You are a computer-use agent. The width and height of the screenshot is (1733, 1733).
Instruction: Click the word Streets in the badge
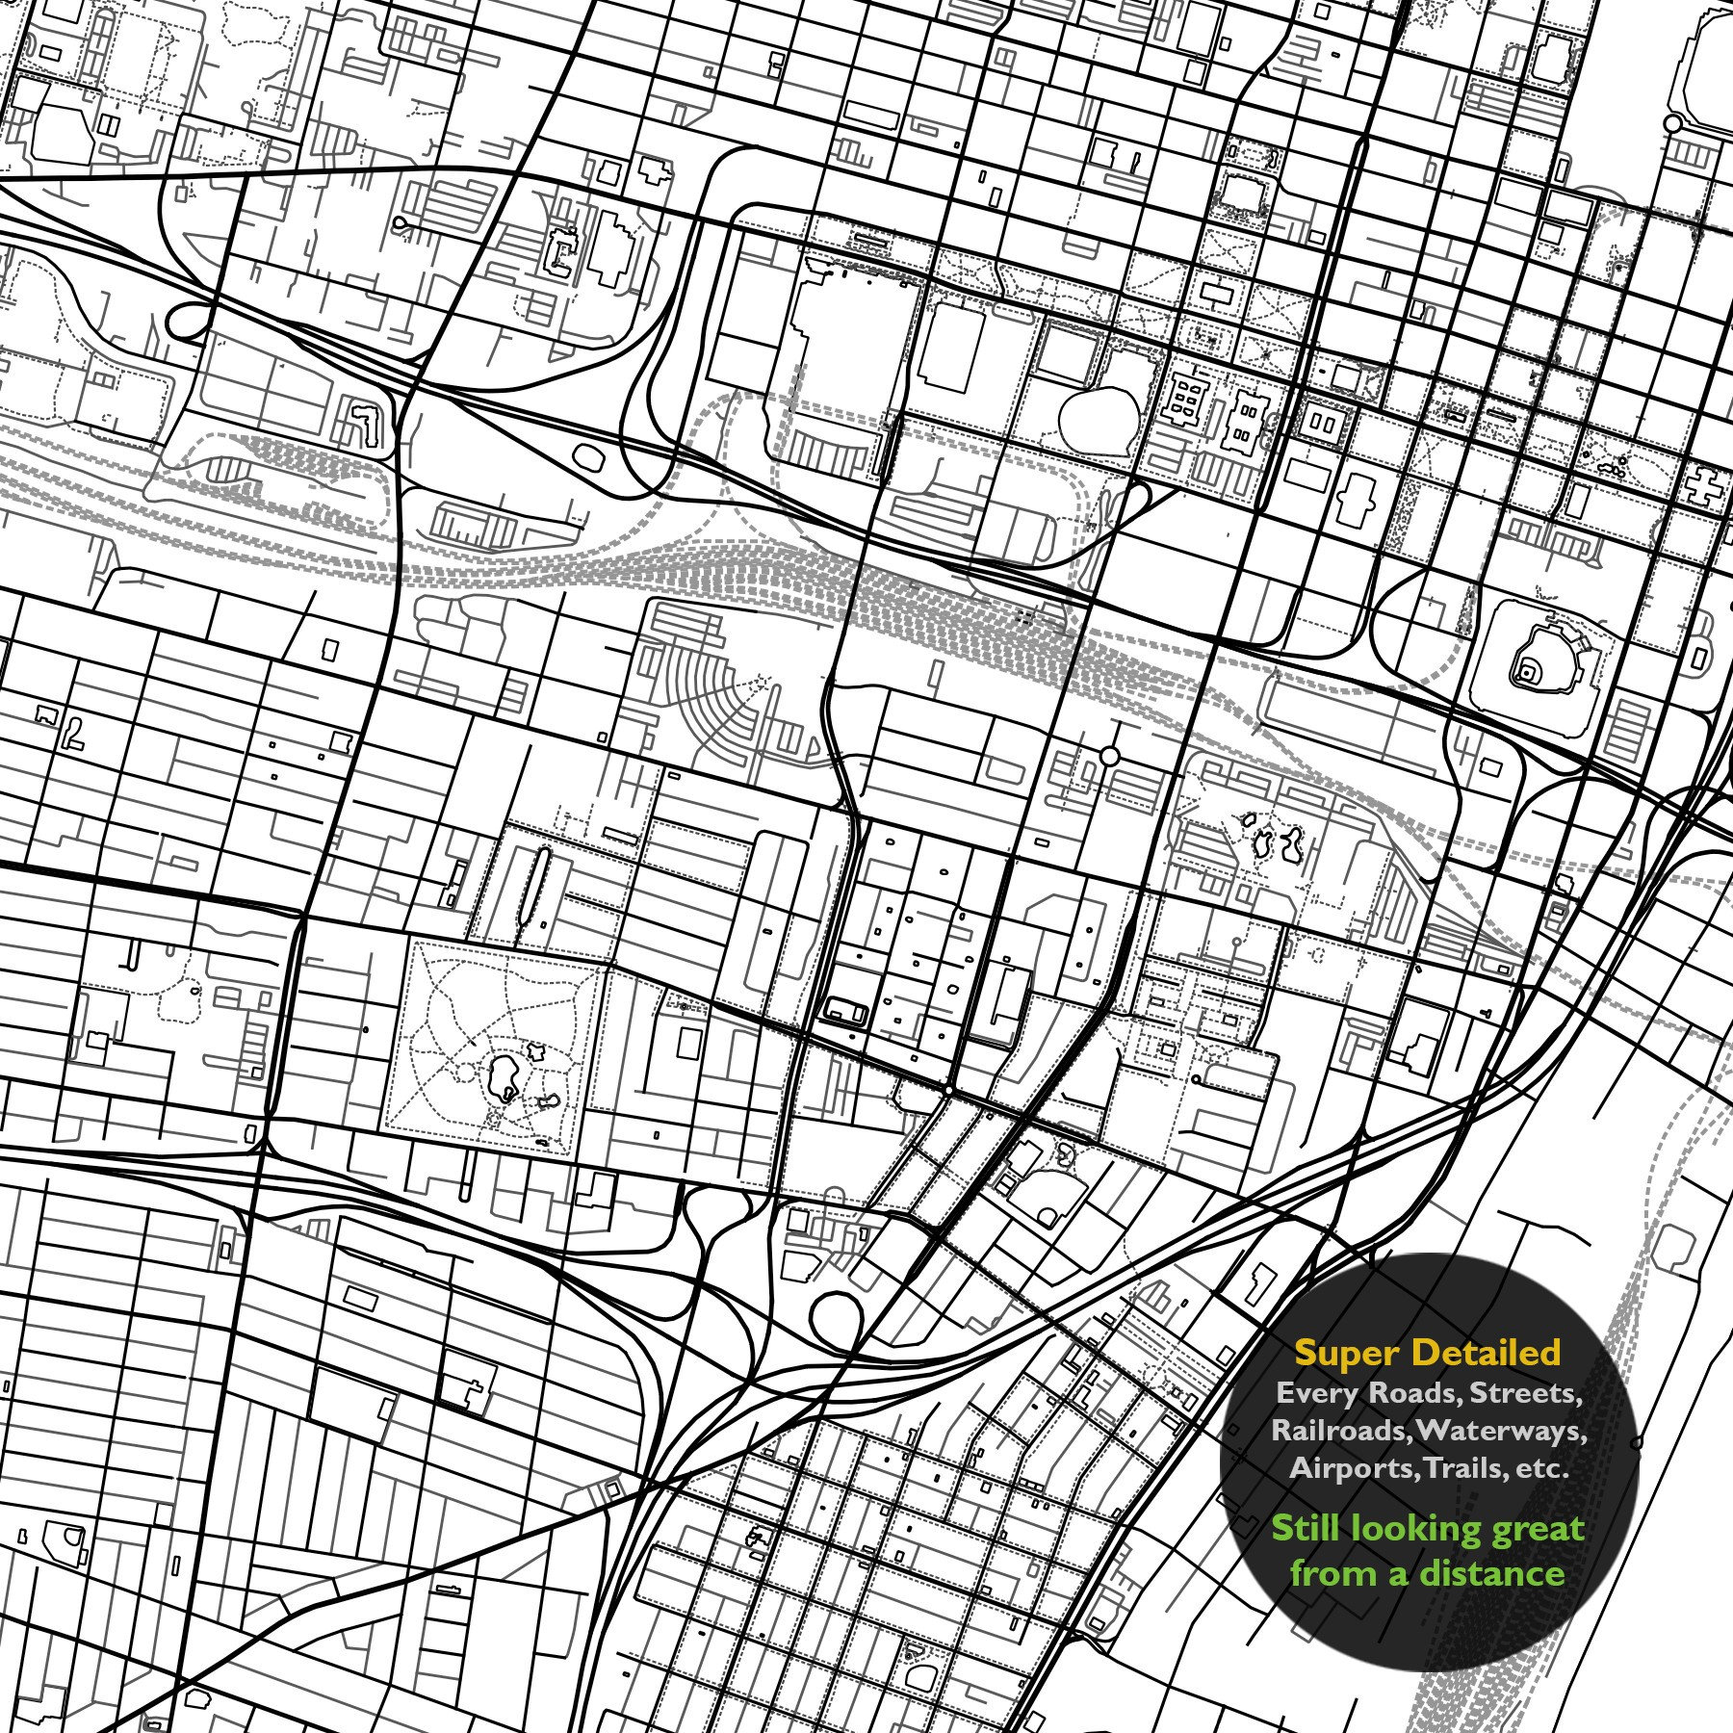pyautogui.click(x=1525, y=1393)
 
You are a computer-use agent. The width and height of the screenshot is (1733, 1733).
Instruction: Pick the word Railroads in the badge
pyautogui.click(x=1338, y=1430)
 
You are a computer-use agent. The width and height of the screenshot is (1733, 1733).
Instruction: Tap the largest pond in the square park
pyautogui.click(x=503, y=1073)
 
